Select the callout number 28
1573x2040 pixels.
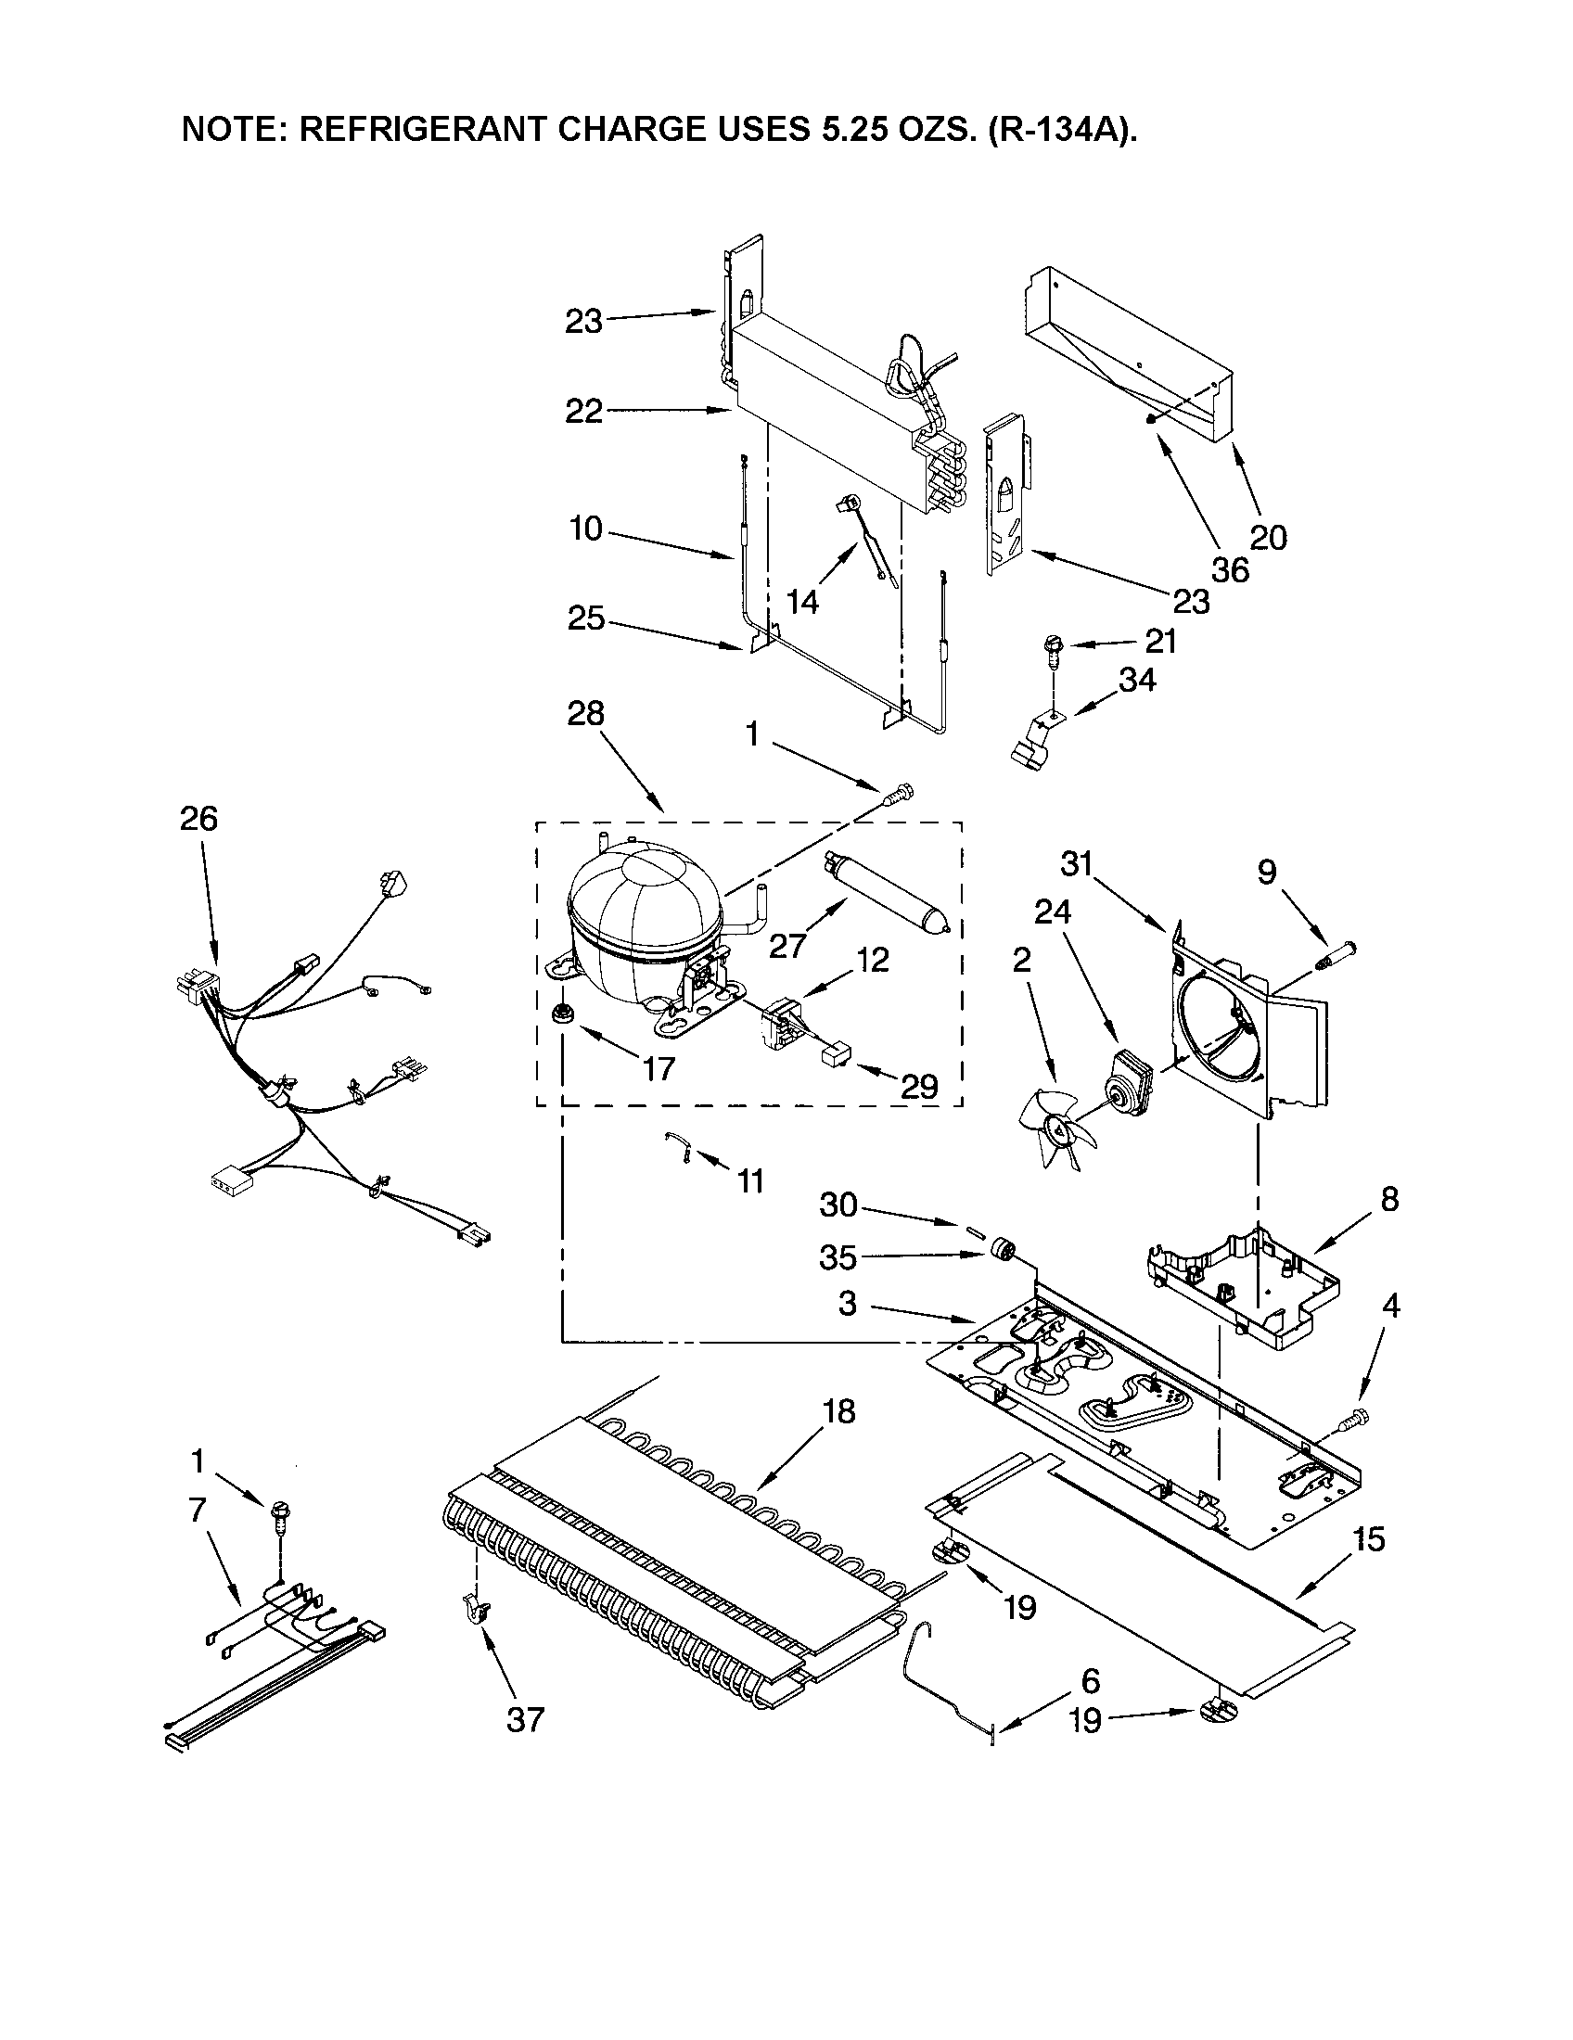(x=585, y=715)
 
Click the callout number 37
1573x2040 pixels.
(x=525, y=1717)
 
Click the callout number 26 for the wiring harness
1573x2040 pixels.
(x=199, y=819)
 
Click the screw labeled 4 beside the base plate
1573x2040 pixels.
(x=1350, y=1447)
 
